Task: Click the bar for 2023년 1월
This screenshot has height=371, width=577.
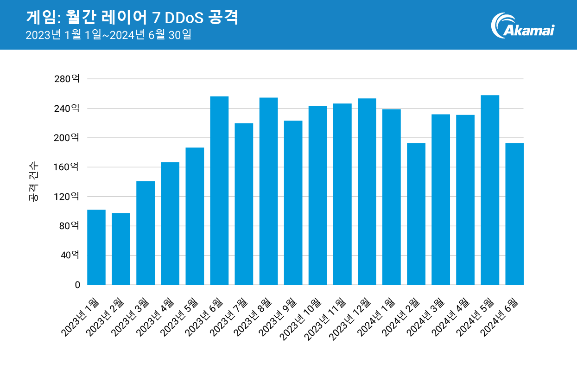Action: click(96, 247)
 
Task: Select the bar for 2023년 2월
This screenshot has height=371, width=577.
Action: click(121, 249)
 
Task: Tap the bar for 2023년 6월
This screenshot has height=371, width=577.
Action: click(219, 191)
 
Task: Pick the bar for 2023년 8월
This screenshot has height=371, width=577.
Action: click(268, 191)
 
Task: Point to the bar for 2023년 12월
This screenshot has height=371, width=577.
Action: click(367, 192)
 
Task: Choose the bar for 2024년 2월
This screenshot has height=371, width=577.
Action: click(416, 214)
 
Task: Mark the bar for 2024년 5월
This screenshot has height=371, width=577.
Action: click(490, 190)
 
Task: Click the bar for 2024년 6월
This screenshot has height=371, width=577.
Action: click(514, 214)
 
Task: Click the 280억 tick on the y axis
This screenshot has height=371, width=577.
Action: click(67, 79)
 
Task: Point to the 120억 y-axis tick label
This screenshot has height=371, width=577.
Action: click(67, 197)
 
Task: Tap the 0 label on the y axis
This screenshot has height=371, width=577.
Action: click(77, 285)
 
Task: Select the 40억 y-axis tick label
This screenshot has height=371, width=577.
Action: click(69, 256)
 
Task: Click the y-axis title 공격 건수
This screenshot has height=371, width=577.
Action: click(33, 182)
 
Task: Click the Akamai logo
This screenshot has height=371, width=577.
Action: click(522, 26)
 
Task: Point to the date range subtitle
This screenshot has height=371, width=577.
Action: click(108, 35)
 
